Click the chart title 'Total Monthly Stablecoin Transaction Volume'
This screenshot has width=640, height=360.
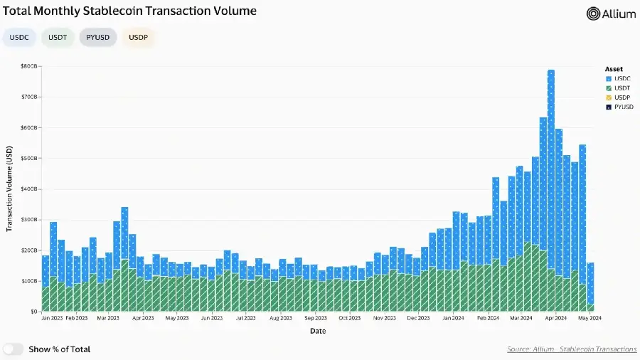click(130, 11)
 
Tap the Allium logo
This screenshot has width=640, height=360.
click(611, 14)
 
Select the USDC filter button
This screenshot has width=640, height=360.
click(19, 37)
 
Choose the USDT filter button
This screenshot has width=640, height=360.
click(58, 37)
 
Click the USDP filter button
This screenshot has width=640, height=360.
click(138, 37)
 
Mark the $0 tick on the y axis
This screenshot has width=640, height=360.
click(33, 312)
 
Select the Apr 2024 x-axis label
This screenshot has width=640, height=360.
click(555, 319)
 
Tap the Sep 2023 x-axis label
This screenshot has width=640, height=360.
click(316, 319)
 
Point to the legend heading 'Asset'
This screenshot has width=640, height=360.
click(614, 69)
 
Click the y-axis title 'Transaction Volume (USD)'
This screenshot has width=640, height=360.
click(10, 189)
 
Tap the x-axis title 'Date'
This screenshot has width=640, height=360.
click(318, 331)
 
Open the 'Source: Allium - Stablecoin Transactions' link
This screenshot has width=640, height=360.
click(572, 349)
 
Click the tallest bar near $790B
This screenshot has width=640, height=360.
click(551, 192)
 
